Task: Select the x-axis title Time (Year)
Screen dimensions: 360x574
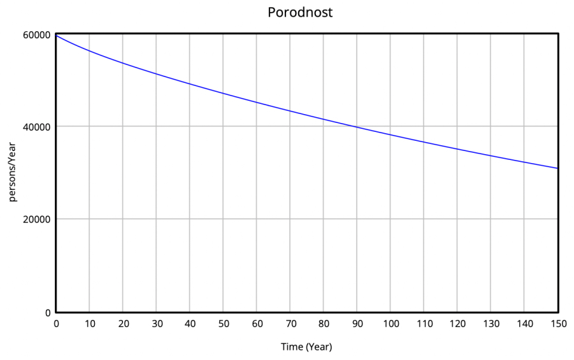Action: point(306,347)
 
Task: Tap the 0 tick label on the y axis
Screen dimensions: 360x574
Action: point(48,312)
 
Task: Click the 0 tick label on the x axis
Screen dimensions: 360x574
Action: point(56,324)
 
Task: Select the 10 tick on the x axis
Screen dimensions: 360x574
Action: point(90,324)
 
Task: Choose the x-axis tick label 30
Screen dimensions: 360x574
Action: point(157,324)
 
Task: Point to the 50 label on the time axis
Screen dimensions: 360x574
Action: point(224,324)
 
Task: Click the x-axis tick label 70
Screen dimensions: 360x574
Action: point(291,324)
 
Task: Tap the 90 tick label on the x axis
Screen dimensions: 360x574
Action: point(357,324)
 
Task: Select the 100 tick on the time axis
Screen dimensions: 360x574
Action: point(391,324)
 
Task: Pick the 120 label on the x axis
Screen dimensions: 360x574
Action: point(457,324)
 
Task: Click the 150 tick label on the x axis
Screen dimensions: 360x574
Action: point(557,324)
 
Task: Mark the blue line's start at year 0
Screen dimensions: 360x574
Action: point(57,36)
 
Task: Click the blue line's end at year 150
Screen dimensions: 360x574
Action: point(558,168)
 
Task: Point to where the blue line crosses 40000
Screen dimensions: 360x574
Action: point(356,127)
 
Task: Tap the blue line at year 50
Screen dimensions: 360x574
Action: point(224,94)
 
